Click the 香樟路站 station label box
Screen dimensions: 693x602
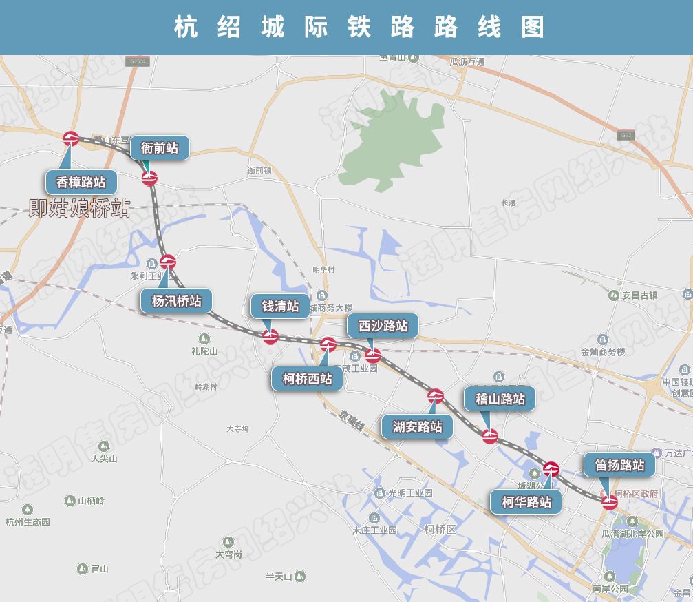(x=81, y=183)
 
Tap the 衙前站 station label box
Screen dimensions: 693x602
(x=160, y=148)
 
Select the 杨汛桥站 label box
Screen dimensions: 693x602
(x=176, y=301)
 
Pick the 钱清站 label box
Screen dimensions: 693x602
(x=280, y=307)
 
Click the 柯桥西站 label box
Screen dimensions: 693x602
(x=307, y=379)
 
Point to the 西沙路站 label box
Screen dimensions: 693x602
(x=383, y=326)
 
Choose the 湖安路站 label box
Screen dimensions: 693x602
(x=417, y=426)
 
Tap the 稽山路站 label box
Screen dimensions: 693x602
(x=500, y=399)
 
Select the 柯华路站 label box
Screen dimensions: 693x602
(x=526, y=502)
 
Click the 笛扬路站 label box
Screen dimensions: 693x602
(x=619, y=465)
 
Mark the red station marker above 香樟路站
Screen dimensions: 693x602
(x=71, y=139)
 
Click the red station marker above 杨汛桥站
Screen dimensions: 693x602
(x=168, y=262)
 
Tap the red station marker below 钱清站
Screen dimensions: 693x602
(x=271, y=337)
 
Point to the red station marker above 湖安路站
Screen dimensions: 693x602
(x=435, y=396)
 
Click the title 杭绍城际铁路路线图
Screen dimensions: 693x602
(x=359, y=28)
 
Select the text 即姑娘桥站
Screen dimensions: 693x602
(x=79, y=208)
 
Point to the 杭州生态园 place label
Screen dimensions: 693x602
(x=28, y=521)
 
